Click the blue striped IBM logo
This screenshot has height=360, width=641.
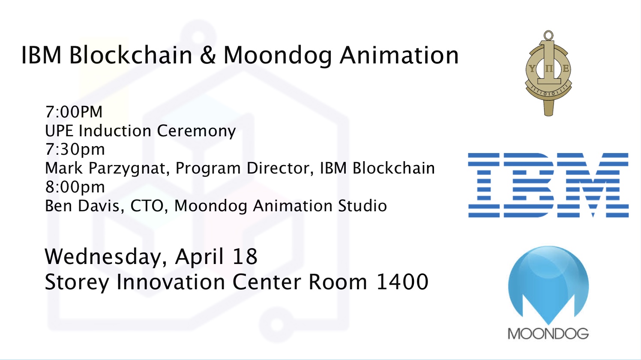548,185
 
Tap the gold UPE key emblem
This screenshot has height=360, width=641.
548,73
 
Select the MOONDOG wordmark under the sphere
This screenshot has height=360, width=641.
548,334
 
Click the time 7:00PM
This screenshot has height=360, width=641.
74,111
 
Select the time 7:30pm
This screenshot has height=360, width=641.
75,150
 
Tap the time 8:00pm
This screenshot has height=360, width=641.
75,187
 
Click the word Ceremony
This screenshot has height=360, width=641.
196,131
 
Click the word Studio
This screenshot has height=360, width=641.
362,205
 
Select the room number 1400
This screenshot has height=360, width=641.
402,282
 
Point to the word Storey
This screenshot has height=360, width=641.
77,283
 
